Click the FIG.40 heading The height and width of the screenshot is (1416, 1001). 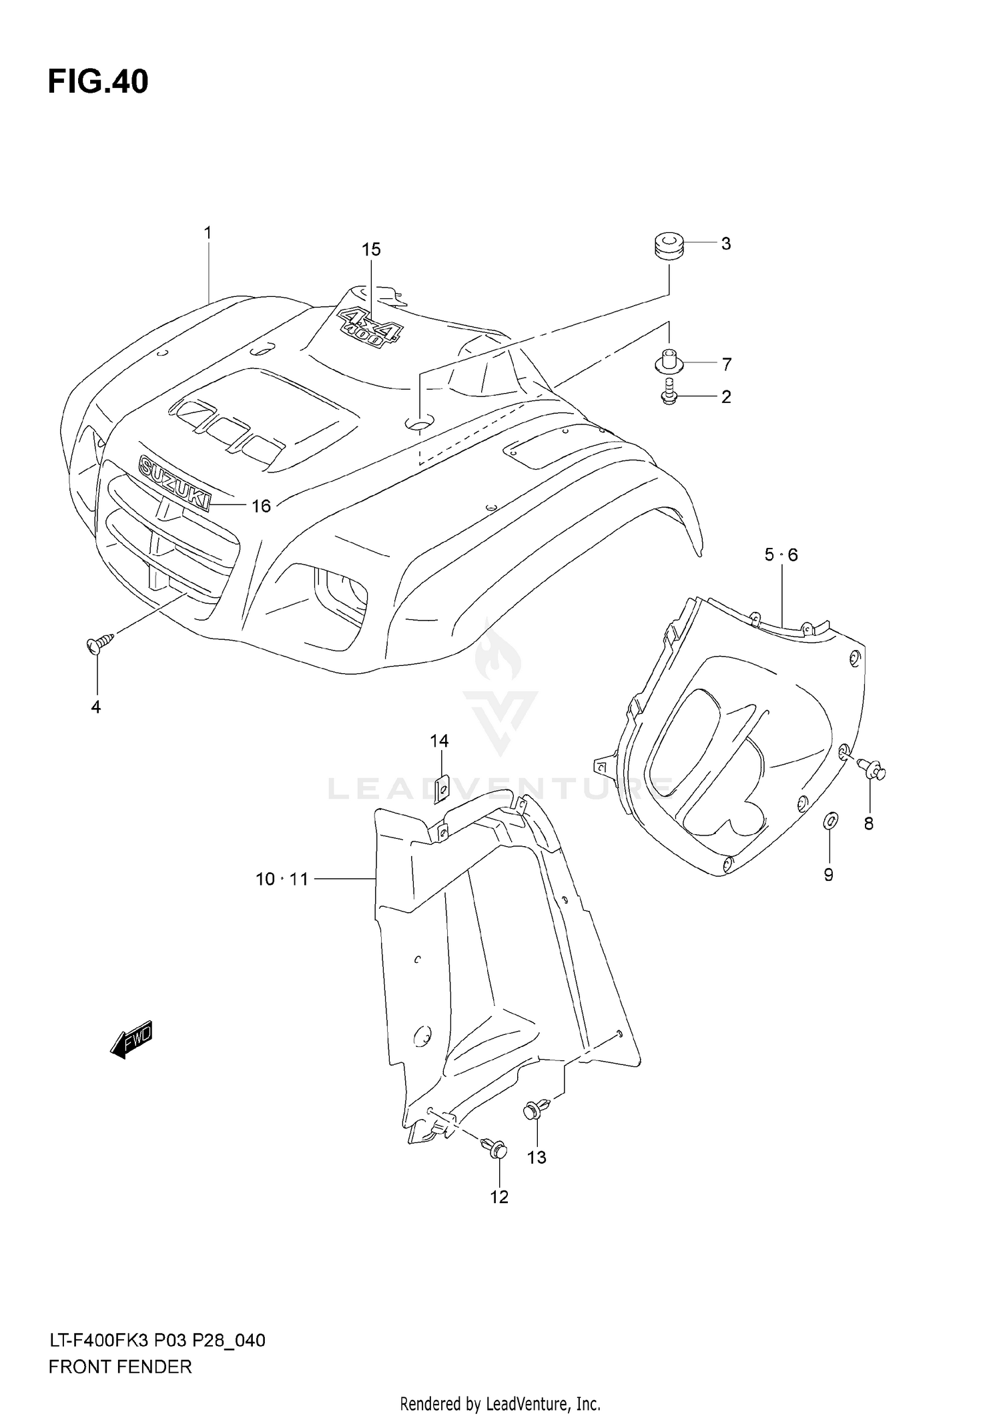click(98, 82)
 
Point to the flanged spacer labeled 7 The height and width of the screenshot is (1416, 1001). click(668, 362)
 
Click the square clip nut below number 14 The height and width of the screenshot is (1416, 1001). click(441, 788)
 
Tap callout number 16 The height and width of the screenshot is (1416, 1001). click(261, 506)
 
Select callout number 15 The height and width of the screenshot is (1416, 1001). click(371, 250)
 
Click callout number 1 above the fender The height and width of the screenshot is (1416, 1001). click(208, 233)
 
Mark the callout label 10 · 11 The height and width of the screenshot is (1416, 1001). click(282, 879)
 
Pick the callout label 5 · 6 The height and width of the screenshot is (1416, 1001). click(781, 555)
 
